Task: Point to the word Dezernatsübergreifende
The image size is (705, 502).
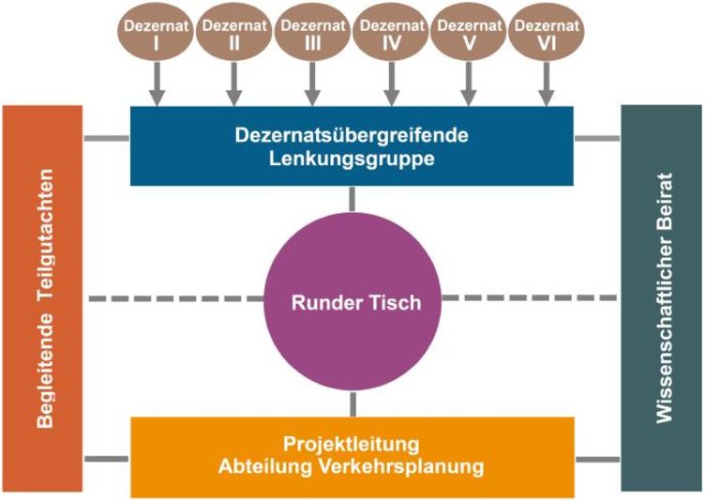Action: tap(352, 135)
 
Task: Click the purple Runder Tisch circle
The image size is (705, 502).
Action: tap(352, 303)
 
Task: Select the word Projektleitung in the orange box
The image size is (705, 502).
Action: tap(352, 443)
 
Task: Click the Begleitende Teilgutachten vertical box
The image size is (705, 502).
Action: tap(43, 298)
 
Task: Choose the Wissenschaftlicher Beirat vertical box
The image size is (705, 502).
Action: tap(662, 298)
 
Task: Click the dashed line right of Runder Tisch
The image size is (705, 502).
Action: tap(530, 298)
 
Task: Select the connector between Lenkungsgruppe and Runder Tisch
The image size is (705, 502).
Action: tap(352, 199)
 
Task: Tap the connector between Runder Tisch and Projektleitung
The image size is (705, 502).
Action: tap(352, 403)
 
